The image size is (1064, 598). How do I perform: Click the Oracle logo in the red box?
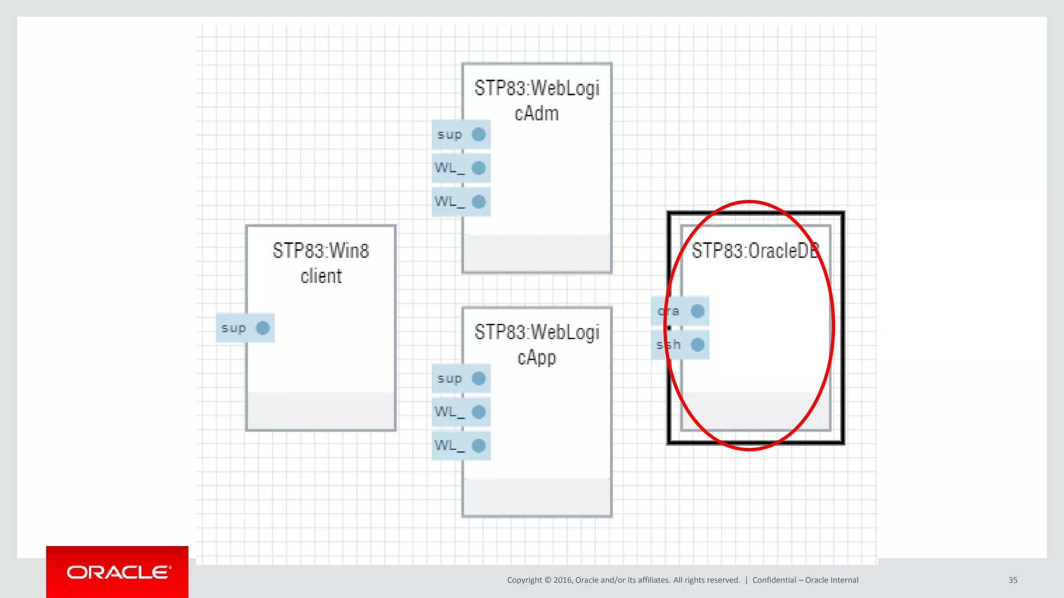click(118, 572)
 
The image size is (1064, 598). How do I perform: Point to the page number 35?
click(1013, 580)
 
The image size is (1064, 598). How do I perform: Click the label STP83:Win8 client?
click(321, 263)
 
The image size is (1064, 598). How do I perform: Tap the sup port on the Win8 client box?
click(245, 328)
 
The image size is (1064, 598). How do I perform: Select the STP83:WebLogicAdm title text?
click(537, 101)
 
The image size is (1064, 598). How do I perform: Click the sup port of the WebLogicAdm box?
click(461, 135)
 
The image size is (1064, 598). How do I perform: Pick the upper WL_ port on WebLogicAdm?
click(461, 168)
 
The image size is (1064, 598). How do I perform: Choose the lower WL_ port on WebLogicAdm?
click(461, 201)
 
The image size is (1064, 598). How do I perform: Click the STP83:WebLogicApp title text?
click(537, 345)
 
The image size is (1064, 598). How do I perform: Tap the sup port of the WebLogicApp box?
click(461, 378)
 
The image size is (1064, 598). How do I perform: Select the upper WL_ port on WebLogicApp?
click(461, 412)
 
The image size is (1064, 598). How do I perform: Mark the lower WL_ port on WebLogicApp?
click(461, 445)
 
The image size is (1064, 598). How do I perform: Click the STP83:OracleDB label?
click(755, 251)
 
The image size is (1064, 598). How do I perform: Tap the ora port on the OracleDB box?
click(680, 311)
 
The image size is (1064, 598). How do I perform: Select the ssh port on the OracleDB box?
click(680, 345)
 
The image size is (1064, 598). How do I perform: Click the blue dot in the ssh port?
click(698, 345)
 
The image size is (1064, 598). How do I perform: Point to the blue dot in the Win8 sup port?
click(263, 328)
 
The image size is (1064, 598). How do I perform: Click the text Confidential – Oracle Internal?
click(805, 580)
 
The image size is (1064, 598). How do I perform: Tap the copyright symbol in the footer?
click(548, 580)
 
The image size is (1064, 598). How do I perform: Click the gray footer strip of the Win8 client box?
click(321, 411)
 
